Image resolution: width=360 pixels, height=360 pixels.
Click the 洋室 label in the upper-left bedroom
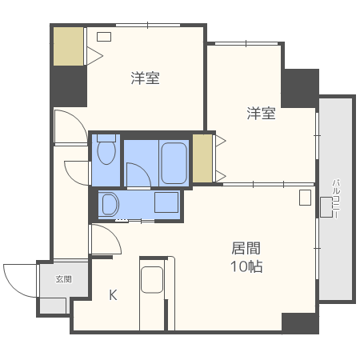coord(145,78)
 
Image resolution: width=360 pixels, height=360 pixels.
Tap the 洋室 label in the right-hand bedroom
coord(261,114)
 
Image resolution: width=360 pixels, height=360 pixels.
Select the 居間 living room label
coord(246,248)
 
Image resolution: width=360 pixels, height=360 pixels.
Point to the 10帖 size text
coord(246,266)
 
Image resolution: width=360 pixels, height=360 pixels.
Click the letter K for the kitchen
coord(113,294)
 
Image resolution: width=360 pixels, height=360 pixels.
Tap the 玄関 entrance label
coord(63,279)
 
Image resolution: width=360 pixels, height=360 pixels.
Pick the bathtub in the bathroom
coord(174,163)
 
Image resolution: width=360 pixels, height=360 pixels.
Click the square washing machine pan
coord(166,203)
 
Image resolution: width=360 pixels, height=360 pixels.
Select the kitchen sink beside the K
coord(152,280)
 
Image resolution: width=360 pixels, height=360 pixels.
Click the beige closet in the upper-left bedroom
coord(69,47)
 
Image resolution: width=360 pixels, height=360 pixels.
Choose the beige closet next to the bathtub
coord(202,158)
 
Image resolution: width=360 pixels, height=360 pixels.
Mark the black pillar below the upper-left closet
coord(69,86)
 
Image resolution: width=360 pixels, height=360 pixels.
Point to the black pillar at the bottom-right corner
coord(300,323)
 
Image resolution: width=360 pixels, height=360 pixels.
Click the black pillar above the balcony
coord(300,87)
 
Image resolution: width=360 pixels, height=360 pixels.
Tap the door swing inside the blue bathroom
coord(136,174)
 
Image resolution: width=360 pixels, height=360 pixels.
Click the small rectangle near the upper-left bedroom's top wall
coord(104,37)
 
